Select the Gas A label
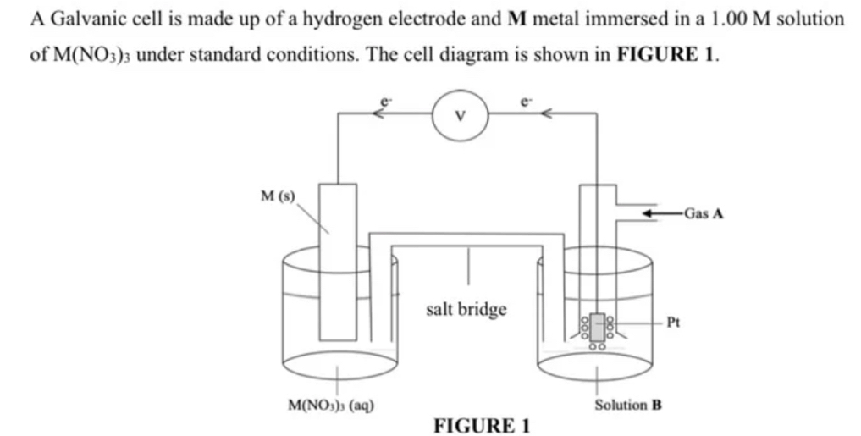click(704, 212)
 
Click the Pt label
click(674, 322)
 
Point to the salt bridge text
click(466, 309)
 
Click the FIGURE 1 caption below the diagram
click(481, 425)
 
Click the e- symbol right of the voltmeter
click(527, 100)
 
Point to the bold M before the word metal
click(517, 19)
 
